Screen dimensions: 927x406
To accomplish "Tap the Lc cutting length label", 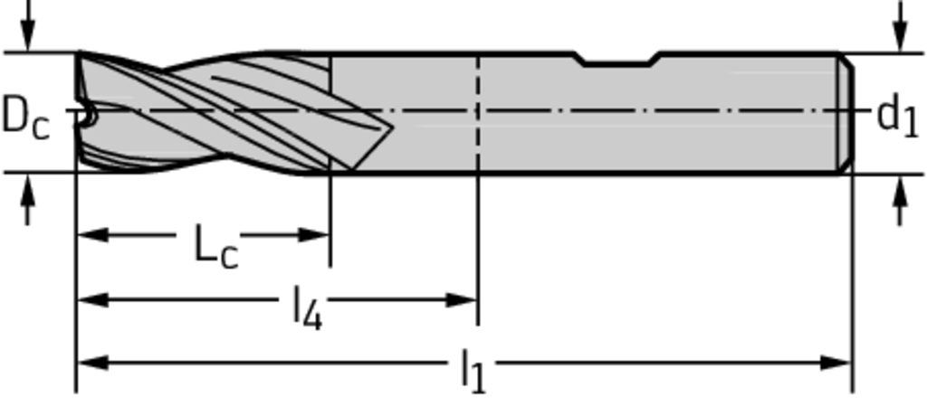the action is pos(215,245).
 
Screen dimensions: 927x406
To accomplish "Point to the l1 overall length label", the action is pos(473,371).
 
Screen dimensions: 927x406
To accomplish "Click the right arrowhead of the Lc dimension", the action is pos(314,235).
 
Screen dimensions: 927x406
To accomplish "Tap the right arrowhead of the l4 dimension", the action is pos(462,300).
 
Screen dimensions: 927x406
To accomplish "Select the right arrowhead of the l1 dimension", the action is pos(836,363).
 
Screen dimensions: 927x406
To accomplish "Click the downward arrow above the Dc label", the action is pos(27,25).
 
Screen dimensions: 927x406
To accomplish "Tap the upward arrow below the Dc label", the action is pos(27,201).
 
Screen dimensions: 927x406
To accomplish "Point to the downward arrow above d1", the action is pos(901,25).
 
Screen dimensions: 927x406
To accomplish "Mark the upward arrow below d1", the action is pos(901,201).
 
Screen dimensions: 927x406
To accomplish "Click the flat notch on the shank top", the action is pos(617,61).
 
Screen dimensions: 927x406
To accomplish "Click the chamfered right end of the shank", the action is pos(846,113).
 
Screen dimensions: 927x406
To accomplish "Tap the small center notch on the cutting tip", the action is pos(89,117).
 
